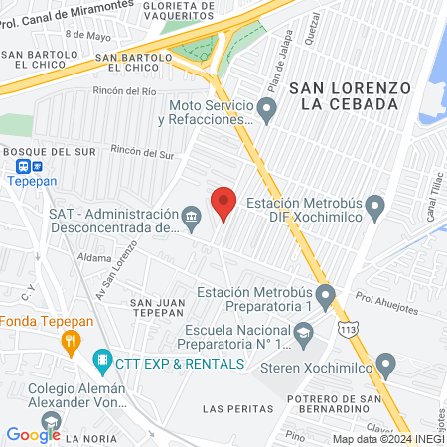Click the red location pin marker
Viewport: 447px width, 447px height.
coord(223,202)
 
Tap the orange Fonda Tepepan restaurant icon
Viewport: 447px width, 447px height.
coord(70,344)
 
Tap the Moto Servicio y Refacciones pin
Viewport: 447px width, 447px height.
coord(265,107)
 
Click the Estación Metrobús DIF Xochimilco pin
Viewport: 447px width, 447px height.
coord(374,209)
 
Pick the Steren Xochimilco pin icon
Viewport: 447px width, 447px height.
coord(385,367)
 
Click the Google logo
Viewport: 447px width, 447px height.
coord(33,434)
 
